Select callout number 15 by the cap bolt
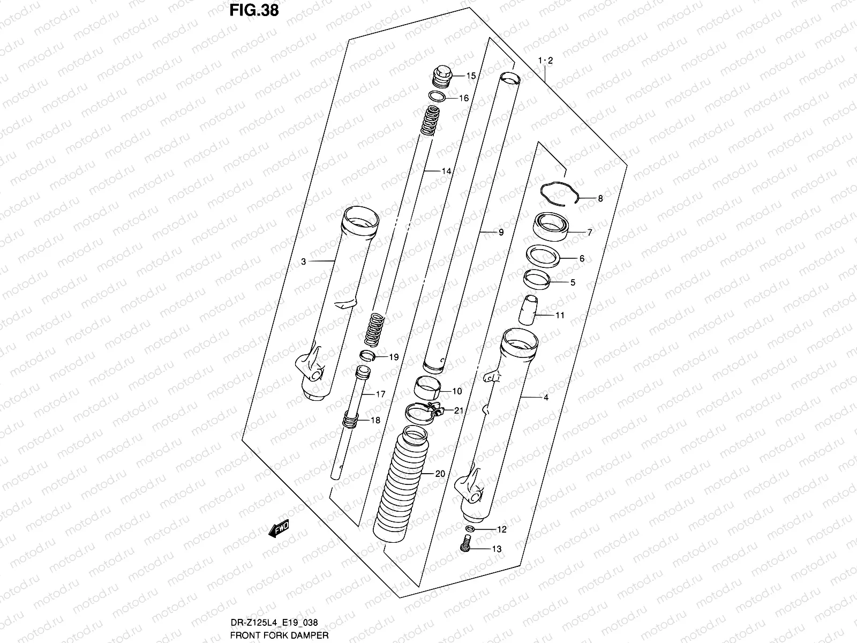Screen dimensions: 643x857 470,76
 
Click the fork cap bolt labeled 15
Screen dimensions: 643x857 442,76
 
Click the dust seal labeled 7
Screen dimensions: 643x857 550,227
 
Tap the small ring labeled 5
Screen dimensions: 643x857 536,280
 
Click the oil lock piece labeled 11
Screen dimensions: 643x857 530,310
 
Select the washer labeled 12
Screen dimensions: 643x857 469,529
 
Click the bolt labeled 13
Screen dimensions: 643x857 465,547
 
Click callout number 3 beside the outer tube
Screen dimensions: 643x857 303,261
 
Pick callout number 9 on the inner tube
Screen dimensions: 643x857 500,233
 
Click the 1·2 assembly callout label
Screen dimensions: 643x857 545,61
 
